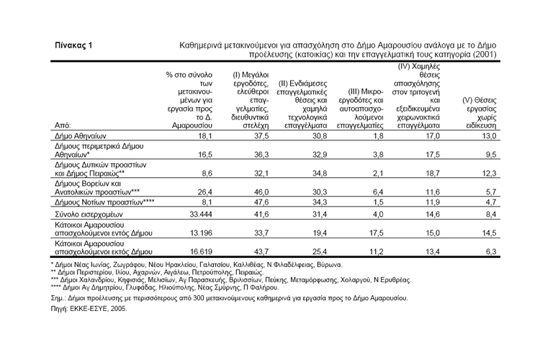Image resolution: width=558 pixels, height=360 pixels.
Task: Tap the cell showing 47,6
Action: point(251,202)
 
